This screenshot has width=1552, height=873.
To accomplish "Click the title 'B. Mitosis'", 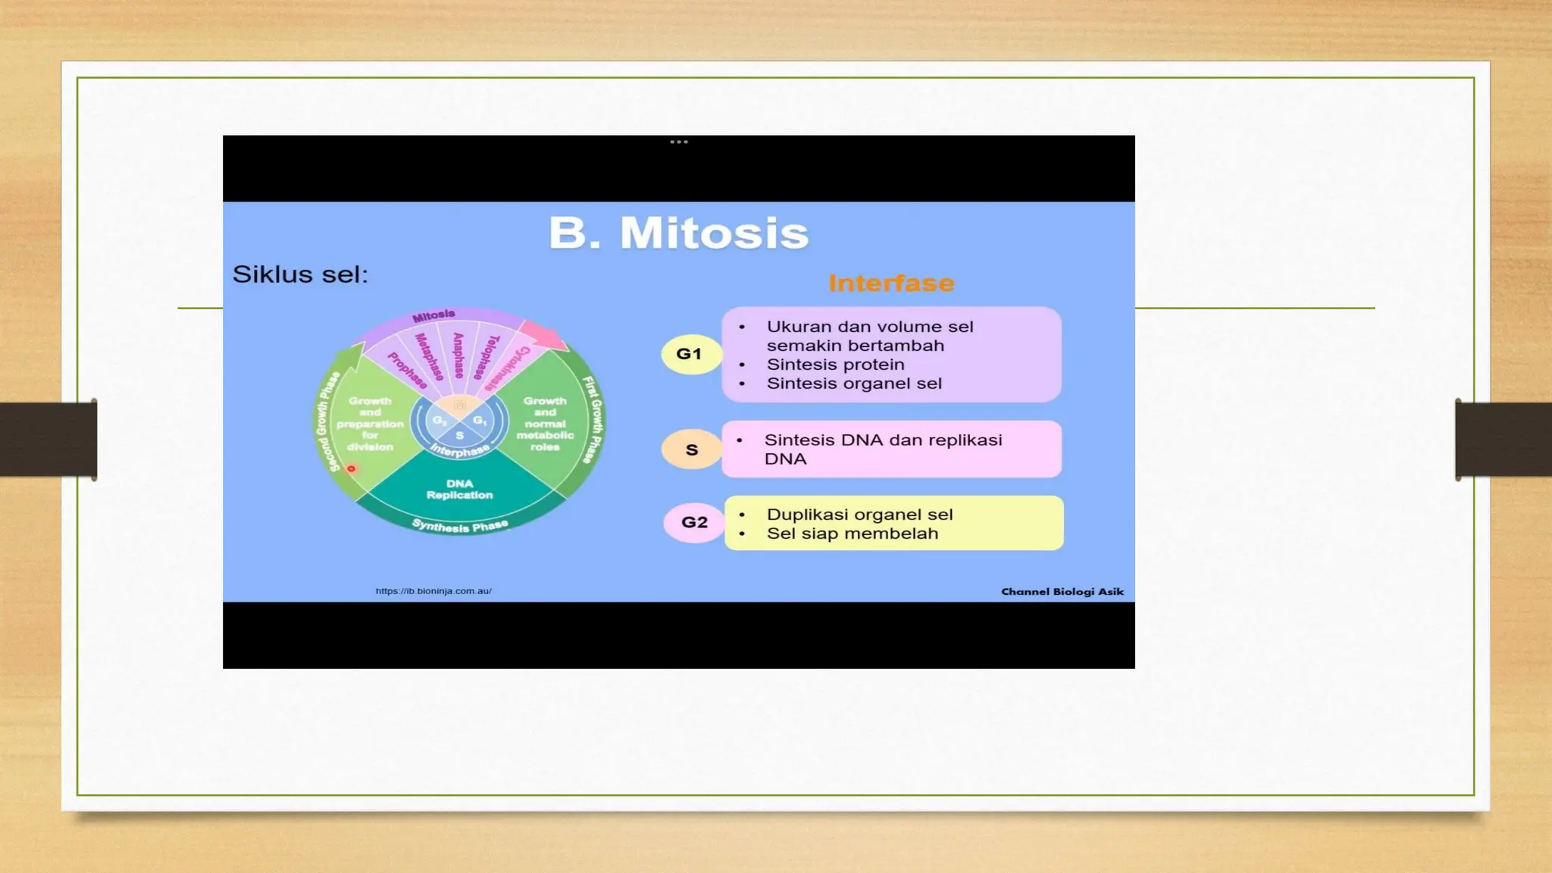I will coord(678,233).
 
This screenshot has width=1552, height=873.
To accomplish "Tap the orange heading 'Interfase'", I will coord(891,283).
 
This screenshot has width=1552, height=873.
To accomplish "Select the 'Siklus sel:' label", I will coord(300,274).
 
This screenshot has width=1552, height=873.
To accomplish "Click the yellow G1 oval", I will coord(690,354).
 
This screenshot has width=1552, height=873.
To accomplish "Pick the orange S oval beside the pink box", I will coord(691,450).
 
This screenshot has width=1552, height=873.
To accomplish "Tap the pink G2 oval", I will coord(694,522).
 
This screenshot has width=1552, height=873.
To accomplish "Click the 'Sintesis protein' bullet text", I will coord(835,365).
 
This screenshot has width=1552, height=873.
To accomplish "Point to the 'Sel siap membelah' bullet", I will coord(852,533).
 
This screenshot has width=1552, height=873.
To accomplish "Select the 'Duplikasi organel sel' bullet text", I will coord(859,515).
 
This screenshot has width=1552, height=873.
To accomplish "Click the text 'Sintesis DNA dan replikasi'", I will coord(883,440).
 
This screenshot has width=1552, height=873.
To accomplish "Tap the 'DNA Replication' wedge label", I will coord(459,490).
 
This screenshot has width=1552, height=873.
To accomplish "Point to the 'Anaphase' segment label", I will coord(458,355).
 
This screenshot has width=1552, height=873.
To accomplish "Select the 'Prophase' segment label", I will coord(408,371).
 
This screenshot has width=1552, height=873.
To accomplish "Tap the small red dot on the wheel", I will coord(351,469).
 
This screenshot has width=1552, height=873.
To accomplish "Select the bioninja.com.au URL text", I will coord(433,591).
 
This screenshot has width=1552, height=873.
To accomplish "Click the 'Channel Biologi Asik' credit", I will coord(1062,592).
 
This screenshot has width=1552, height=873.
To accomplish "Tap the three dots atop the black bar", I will coord(679,142).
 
